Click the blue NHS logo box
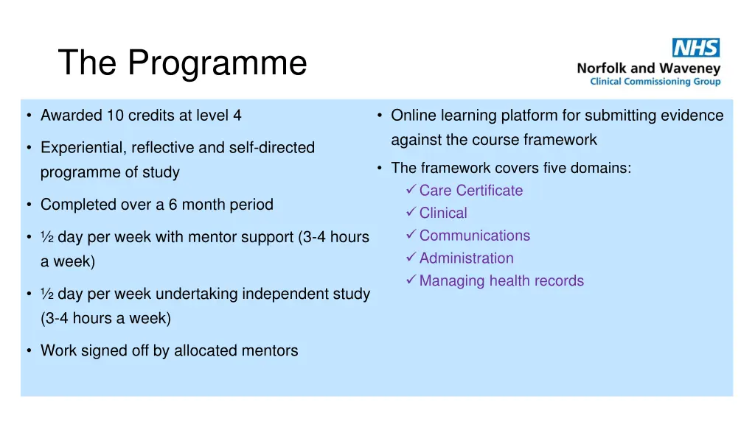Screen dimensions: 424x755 [695, 48]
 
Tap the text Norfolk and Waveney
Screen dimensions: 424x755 [648, 68]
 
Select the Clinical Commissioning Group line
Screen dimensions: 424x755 [655, 82]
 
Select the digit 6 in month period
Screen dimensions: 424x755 [173, 205]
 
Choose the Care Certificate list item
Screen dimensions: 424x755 [470, 191]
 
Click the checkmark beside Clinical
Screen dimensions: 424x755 [411, 213]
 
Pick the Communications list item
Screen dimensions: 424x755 [474, 236]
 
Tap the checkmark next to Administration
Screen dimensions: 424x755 [411, 258]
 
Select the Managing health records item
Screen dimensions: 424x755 [501, 280]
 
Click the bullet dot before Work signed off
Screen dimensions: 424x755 [28, 350]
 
